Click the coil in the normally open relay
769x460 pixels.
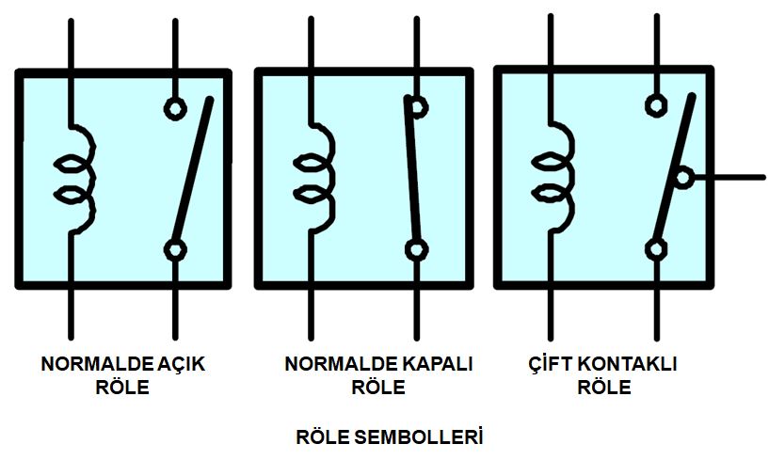[77, 179]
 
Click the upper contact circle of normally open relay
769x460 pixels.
[175, 107]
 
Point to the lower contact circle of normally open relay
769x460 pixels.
[175, 249]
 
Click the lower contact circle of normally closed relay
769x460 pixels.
[416, 249]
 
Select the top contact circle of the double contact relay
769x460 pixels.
[656, 103]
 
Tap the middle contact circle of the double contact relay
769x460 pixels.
[684, 176]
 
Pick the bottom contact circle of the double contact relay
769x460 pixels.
[656, 248]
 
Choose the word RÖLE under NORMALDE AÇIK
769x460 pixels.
[122, 387]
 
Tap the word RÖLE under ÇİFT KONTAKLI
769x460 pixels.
[603, 387]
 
